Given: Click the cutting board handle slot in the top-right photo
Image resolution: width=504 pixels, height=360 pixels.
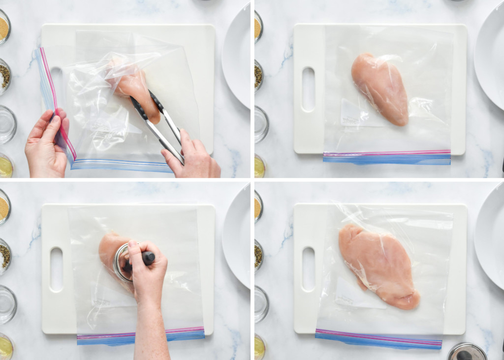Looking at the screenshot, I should coord(308,89).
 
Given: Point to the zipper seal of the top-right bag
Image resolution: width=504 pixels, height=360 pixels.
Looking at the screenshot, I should coord(387,157).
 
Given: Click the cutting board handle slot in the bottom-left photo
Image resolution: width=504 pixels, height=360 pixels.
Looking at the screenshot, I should coord(56,270).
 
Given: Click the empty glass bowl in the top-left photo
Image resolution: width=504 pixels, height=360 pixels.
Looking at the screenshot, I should coord(6,123).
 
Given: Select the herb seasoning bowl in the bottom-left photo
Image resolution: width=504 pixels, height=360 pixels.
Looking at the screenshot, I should coord(4,255).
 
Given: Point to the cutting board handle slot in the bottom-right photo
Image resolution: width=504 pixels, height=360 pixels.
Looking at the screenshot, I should coord(308,269).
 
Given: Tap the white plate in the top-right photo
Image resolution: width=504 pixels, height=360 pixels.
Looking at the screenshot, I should coord(490,54).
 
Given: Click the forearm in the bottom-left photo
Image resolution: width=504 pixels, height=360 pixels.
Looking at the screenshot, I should coord(151,330).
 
